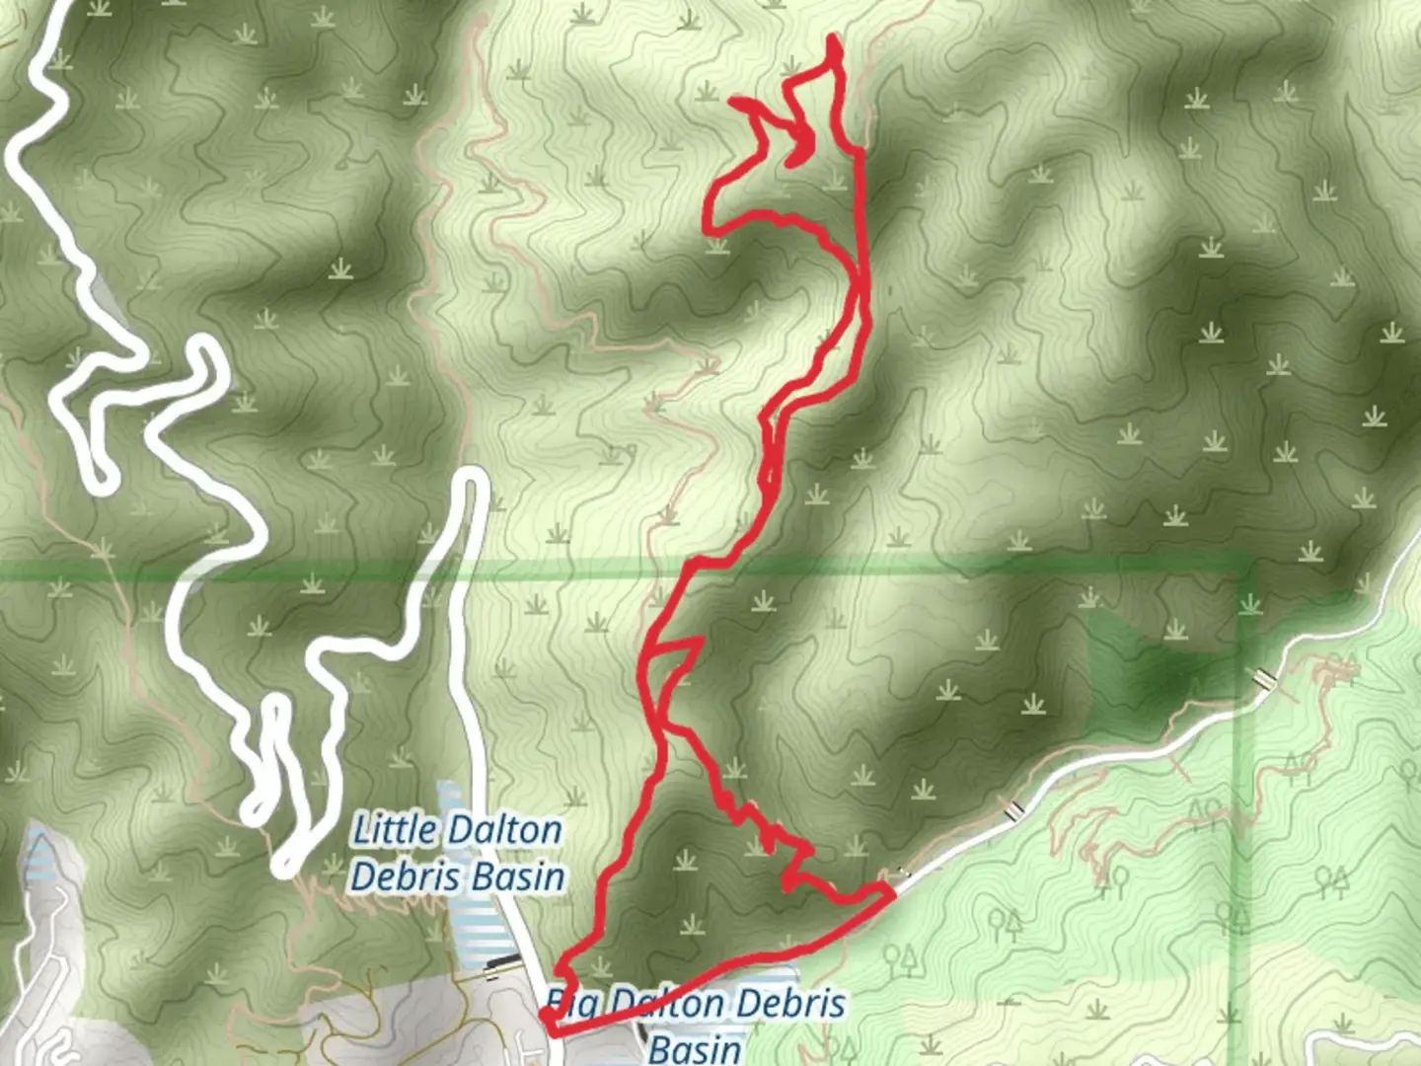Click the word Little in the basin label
click(x=394, y=829)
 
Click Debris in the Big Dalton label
click(x=790, y=1005)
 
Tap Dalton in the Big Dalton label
click(x=666, y=1005)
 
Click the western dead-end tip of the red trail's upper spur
click(x=733, y=100)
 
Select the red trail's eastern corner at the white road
click(x=891, y=891)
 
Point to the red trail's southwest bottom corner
click(x=549, y=1030)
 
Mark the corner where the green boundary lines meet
click(x=1247, y=568)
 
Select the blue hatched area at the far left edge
click(x=39, y=859)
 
